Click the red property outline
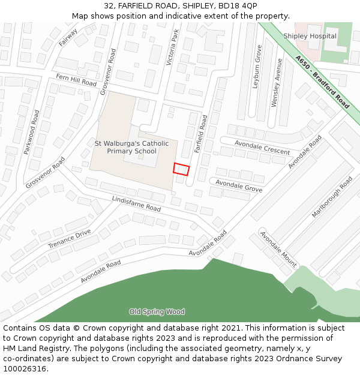[x=181, y=169]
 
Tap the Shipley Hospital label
[x=310, y=36]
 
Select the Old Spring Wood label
[x=157, y=311]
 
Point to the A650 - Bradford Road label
[x=322, y=83]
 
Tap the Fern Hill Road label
[x=76, y=80]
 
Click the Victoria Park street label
[x=172, y=47]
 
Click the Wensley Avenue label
[x=277, y=83]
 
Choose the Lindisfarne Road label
[x=136, y=204]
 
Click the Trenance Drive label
[x=70, y=238]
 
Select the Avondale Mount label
[x=278, y=248]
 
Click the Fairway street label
[x=68, y=37]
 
